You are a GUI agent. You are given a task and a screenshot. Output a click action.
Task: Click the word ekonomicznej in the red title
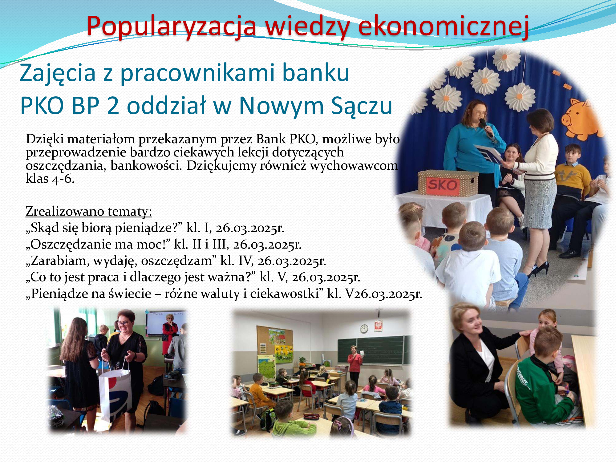pyautogui.click(x=444, y=26)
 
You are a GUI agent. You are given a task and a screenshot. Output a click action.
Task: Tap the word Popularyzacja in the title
pyautogui.click(x=172, y=26)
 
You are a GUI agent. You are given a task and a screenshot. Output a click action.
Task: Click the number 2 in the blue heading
pyautogui.click(x=113, y=105)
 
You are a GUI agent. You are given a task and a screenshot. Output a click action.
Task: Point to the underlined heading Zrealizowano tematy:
pyautogui.click(x=89, y=211)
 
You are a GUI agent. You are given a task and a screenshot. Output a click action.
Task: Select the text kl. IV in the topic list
pyautogui.click(x=237, y=261)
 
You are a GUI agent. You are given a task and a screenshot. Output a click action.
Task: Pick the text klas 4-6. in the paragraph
pyautogui.click(x=50, y=179)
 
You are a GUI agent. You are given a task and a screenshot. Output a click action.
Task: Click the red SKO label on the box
pyautogui.click(x=443, y=185)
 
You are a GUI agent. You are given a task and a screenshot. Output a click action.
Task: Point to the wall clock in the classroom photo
pyautogui.click(x=364, y=329)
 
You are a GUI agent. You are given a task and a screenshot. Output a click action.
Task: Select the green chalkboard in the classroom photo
pyautogui.click(x=374, y=350)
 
